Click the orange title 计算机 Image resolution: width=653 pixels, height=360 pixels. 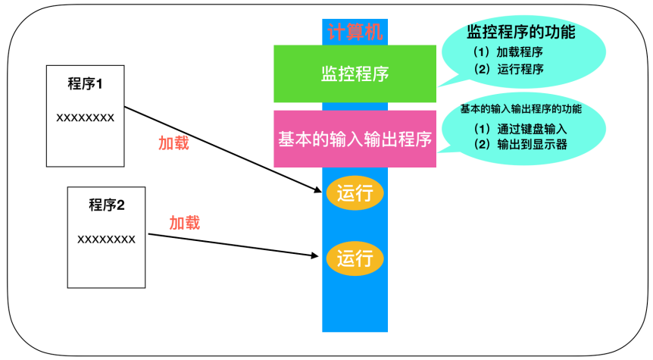[x=355, y=32]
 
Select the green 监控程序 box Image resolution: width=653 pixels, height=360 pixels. [x=355, y=74]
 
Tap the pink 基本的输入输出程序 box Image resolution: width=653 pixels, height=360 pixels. [x=355, y=139]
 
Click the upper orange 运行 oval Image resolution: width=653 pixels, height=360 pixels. [x=355, y=193]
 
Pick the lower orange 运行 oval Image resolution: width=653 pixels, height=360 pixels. [x=355, y=258]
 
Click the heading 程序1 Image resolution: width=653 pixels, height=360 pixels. [x=85, y=84]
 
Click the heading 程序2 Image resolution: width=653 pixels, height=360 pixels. [x=106, y=205]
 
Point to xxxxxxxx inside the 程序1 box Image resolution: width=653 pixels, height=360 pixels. [x=85, y=117]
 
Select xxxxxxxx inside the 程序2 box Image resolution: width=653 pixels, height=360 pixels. [x=106, y=239]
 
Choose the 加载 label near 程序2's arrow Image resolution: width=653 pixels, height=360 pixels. [x=184, y=223]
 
